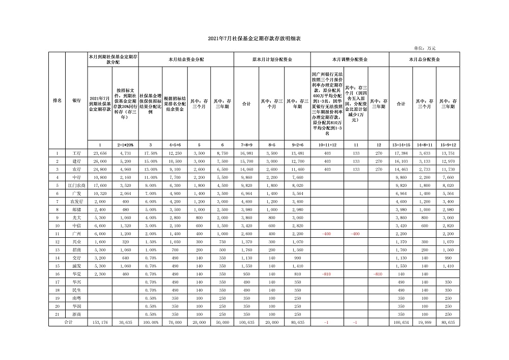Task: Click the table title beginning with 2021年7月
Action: pyautogui.click(x=254, y=39)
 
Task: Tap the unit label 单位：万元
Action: pyautogui.click(x=425, y=48)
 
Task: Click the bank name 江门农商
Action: pyautogui.click(x=76, y=185)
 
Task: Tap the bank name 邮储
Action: pyautogui.click(x=76, y=210)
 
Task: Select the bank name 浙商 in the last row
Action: pyautogui.click(x=76, y=315)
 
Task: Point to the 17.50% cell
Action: pyautogui.click(x=150, y=153)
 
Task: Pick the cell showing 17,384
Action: pyautogui.click(x=401, y=153)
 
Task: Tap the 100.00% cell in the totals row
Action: pyautogui.click(x=150, y=323)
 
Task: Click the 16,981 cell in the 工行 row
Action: pyautogui.click(x=246, y=153)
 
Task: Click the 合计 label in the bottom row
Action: pyautogui.click(x=67, y=323)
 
